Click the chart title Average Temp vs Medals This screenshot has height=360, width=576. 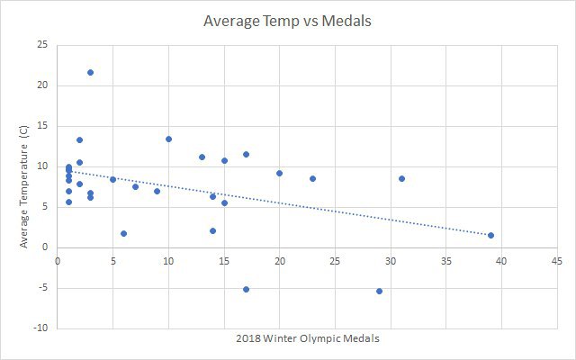[287, 21]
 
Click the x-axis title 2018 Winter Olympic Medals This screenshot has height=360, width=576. [308, 338]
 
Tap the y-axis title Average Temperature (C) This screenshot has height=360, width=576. [24, 186]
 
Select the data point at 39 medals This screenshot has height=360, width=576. [490, 235]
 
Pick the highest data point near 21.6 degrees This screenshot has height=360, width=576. [90, 72]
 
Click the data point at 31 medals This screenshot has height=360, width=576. [402, 178]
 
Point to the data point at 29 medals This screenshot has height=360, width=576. [380, 291]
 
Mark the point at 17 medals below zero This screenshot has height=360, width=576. [246, 289]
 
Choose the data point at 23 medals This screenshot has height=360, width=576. [312, 178]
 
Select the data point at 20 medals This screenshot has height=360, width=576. [279, 173]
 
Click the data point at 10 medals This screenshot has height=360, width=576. [168, 139]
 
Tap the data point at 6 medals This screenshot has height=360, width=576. [124, 233]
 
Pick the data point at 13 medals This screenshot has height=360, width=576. [202, 157]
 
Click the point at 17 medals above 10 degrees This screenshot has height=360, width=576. [246, 154]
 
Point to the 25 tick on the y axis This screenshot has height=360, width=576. [42, 45]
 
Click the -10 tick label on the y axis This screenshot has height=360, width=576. [40, 328]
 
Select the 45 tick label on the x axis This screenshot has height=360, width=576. [557, 261]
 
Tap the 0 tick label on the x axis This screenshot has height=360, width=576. [58, 261]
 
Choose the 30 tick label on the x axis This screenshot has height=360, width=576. [391, 261]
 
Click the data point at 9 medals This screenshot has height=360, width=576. [157, 191]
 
